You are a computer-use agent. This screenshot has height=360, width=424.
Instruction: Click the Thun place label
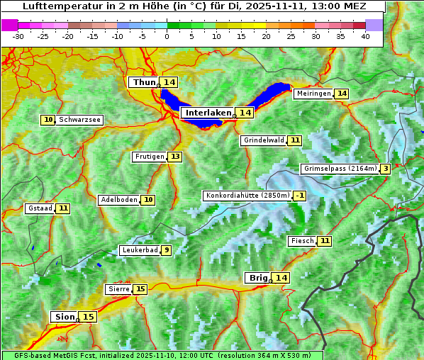(144, 83)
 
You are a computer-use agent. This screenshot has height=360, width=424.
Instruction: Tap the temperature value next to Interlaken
(245, 113)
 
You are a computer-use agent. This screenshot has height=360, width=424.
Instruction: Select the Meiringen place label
(313, 94)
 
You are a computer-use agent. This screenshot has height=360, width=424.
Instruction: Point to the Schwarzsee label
(79, 120)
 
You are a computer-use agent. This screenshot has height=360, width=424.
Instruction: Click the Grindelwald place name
(263, 140)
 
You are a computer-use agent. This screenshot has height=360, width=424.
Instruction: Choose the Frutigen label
(149, 157)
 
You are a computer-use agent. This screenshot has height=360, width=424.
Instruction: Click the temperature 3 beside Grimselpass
(385, 169)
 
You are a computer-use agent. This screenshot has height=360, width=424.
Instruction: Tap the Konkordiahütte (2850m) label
(247, 196)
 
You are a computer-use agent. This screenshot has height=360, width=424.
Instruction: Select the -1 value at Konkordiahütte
(300, 196)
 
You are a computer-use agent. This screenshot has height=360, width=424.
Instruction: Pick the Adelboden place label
(118, 200)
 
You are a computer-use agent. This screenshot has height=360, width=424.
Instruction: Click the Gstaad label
(40, 208)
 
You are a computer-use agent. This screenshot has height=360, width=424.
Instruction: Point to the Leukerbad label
(139, 250)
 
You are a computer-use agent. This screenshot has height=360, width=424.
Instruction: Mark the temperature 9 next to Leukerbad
(166, 250)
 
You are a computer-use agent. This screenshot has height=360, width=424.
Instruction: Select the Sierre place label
(118, 289)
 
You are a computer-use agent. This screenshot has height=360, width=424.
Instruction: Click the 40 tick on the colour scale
(365, 36)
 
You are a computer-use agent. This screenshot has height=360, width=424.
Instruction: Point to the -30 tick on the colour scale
(18, 36)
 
